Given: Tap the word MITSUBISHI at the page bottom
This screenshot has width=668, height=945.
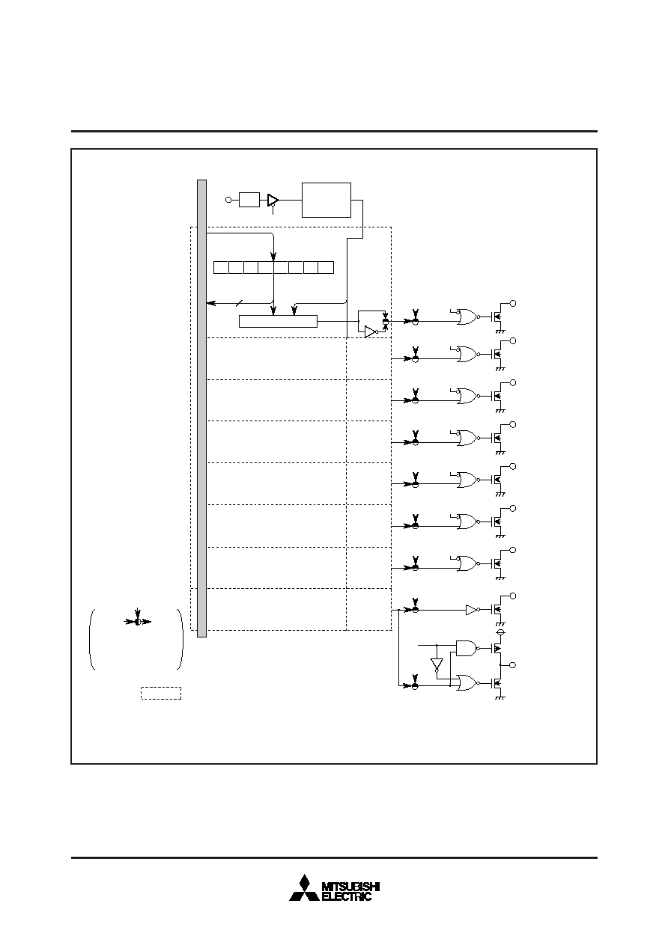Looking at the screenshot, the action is pos(350,887).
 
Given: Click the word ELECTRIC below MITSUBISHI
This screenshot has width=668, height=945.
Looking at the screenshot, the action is pos(347,896).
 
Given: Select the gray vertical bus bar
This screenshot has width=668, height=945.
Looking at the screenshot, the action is pos(202,409).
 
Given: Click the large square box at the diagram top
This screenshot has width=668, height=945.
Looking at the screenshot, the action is pos(327,200).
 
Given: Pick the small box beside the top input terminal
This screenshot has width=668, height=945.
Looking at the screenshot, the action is pos(249,200).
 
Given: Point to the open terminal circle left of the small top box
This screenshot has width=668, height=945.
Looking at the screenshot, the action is pos(229,200).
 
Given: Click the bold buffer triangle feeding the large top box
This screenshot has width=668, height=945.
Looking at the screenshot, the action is pos(273,200).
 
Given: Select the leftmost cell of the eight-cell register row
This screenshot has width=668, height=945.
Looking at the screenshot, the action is pos(221,267).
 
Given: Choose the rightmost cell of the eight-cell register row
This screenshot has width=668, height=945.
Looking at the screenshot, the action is pos(326,267).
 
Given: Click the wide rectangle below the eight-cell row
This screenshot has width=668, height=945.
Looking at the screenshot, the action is pos(278,322).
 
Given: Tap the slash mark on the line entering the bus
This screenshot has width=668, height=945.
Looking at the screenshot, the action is pos(239,303).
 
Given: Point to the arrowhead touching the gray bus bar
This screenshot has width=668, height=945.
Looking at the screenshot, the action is pos(210,303).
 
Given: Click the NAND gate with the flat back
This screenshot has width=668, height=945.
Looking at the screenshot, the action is pos(466,648).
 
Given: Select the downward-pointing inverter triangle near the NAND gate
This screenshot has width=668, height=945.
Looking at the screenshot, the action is pos(437,664).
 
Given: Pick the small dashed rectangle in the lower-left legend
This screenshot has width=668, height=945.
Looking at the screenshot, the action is pos(161,693).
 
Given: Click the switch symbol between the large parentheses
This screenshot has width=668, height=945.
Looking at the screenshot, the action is pos(137,622).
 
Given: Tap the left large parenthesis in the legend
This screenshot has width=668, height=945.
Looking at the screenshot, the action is pos(91,639).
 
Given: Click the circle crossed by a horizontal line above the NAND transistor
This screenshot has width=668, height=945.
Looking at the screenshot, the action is pos(500,632).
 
